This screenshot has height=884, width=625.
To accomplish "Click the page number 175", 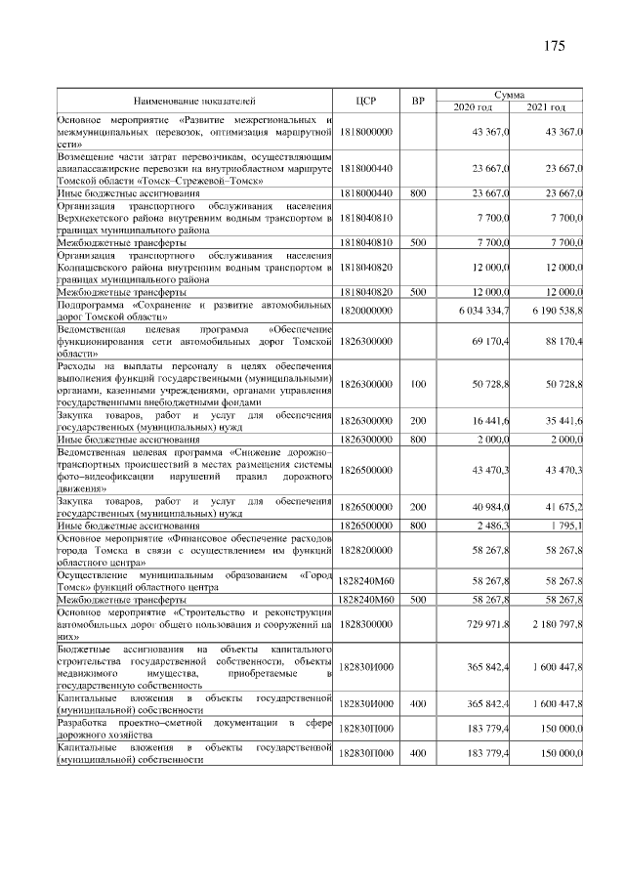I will [x=554, y=47].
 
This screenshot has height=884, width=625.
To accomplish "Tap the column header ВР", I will [x=417, y=101].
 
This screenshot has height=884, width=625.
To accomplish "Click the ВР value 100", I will [x=417, y=386].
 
